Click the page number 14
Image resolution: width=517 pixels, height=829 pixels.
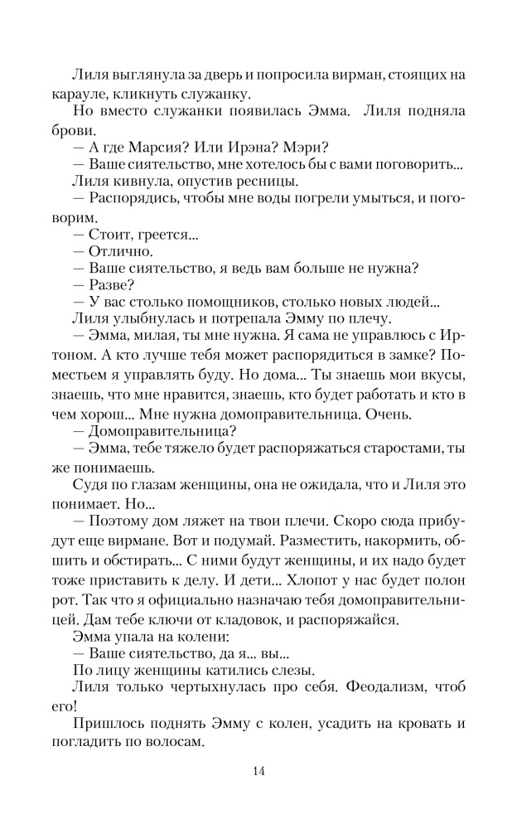(258, 773)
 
